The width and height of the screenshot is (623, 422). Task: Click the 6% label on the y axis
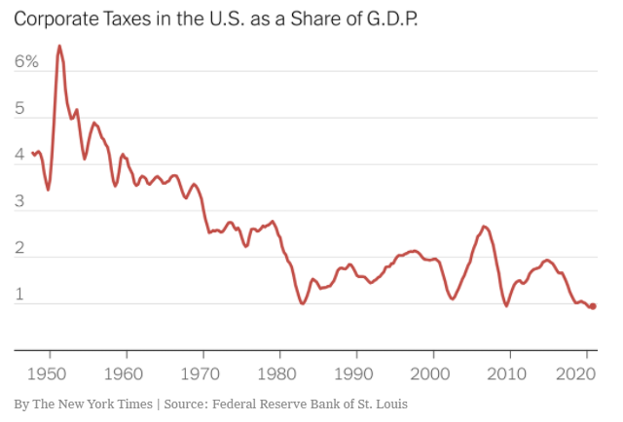tap(26, 61)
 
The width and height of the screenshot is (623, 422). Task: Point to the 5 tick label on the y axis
tap(20, 109)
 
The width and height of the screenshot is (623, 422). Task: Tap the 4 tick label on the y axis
tap(20, 156)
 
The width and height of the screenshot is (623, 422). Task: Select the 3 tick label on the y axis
tap(20, 202)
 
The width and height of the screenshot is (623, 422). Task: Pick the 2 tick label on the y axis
tap(20, 249)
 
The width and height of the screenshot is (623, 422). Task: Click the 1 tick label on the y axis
tap(20, 296)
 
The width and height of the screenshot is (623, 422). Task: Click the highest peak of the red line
tap(59, 46)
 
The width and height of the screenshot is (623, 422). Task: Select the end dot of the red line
tap(593, 306)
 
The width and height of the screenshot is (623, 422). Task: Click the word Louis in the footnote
tap(390, 404)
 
